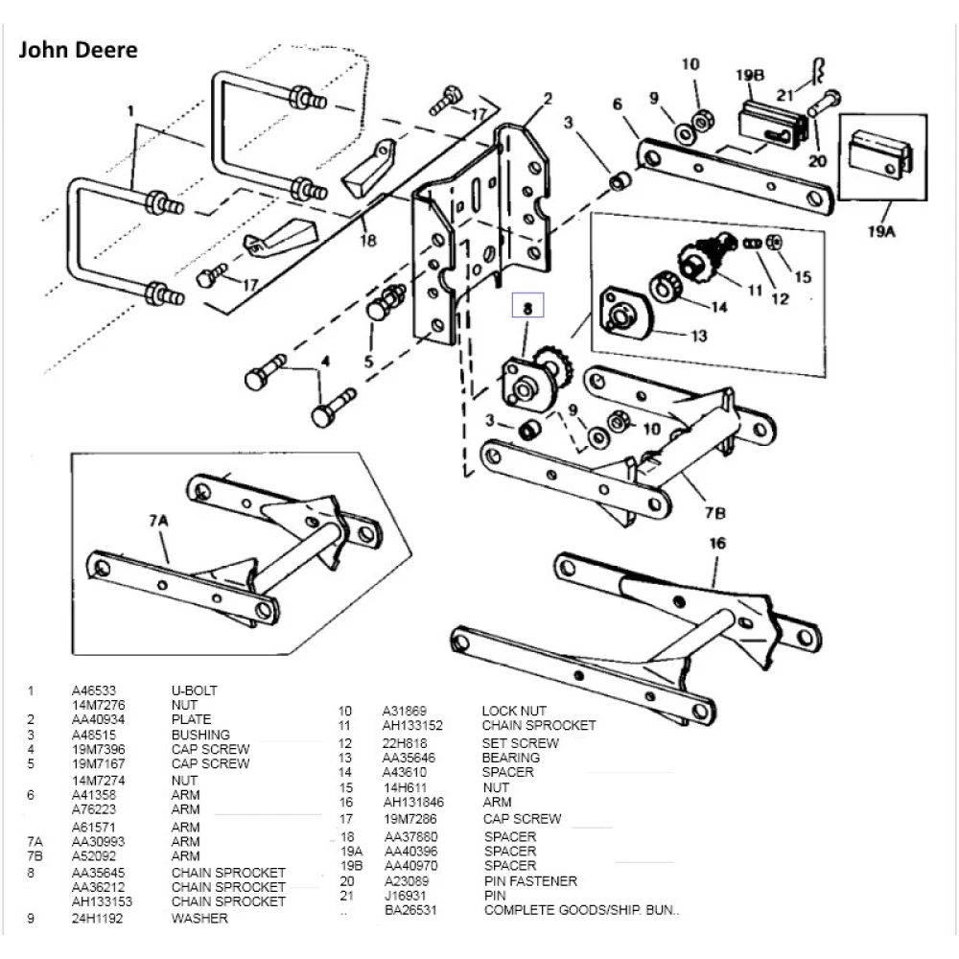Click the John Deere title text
(79, 50)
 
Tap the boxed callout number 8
(526, 308)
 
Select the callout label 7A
(158, 520)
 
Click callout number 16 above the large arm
(717, 544)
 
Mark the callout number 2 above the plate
(548, 98)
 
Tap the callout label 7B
(715, 511)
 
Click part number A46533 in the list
(94, 690)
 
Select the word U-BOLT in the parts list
(195, 690)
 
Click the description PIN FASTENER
(530, 881)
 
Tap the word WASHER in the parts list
(199, 919)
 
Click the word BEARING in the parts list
(511, 758)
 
